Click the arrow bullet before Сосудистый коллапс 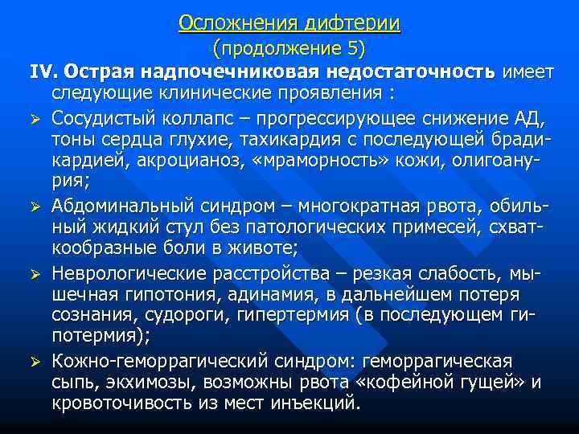35,121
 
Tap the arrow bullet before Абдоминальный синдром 35,206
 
